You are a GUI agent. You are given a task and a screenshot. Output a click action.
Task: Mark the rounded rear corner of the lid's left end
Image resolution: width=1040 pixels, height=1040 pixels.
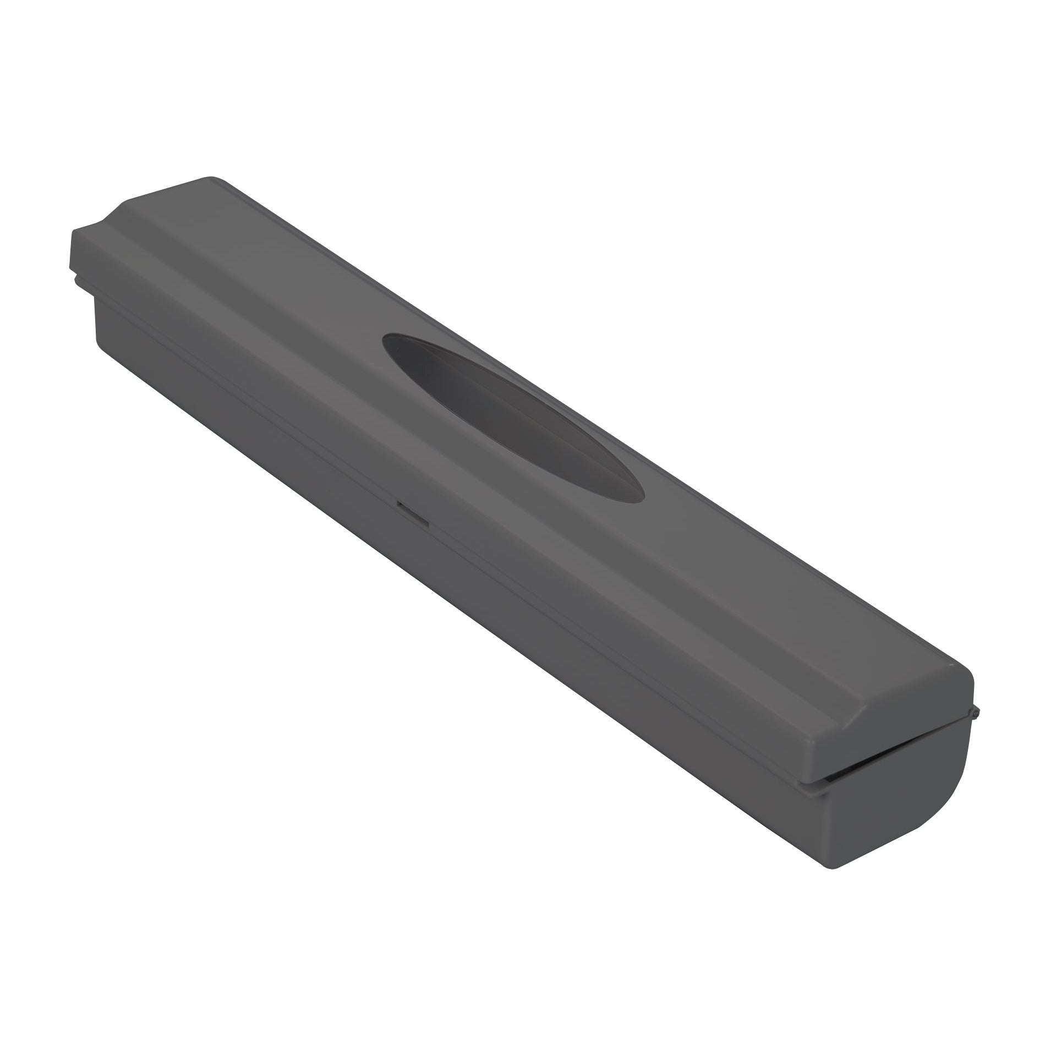click(x=212, y=179)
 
